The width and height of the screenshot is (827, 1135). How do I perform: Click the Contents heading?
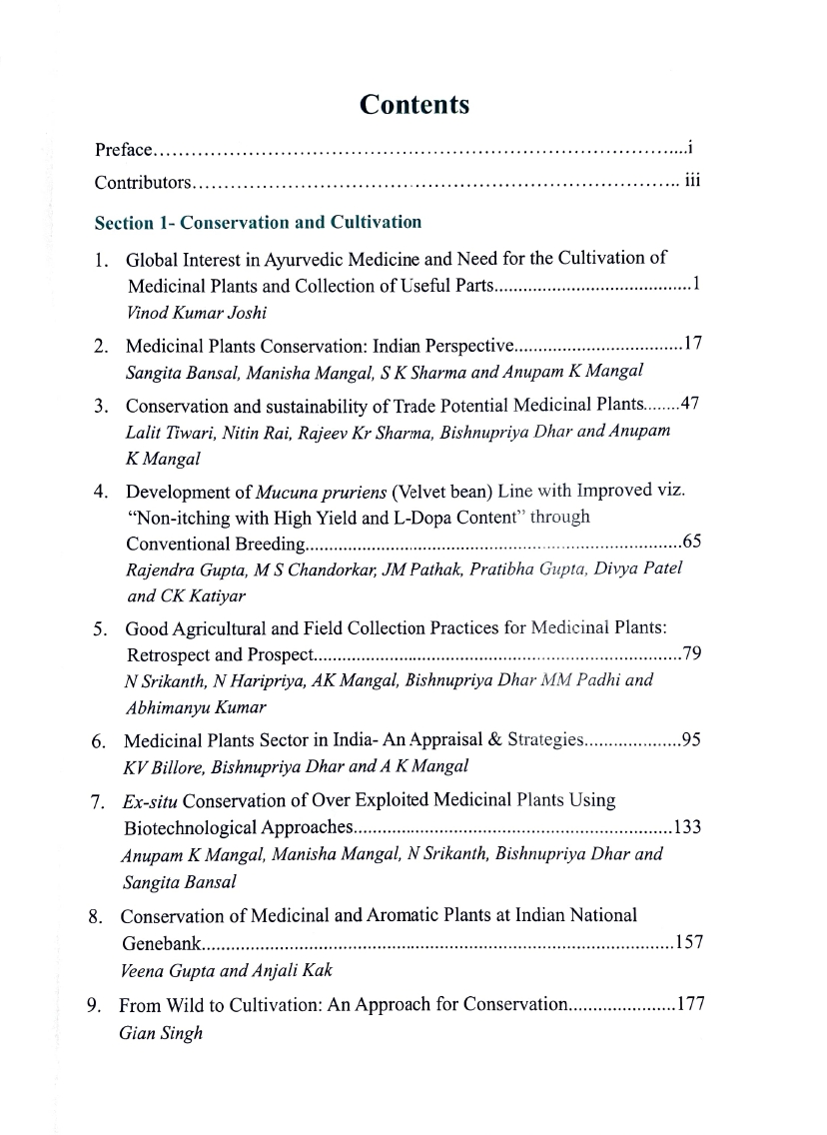coord(414,104)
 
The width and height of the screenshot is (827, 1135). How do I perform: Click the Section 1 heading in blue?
coord(258,222)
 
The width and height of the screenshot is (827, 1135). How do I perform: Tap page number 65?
coord(693,543)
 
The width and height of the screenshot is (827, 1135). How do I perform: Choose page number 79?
coord(693,654)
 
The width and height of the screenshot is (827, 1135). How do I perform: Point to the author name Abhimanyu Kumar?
coord(181,706)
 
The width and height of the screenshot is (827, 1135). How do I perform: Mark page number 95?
coord(693,741)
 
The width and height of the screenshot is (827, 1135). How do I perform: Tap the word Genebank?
coord(164,942)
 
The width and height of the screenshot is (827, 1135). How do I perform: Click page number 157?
coord(690,942)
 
